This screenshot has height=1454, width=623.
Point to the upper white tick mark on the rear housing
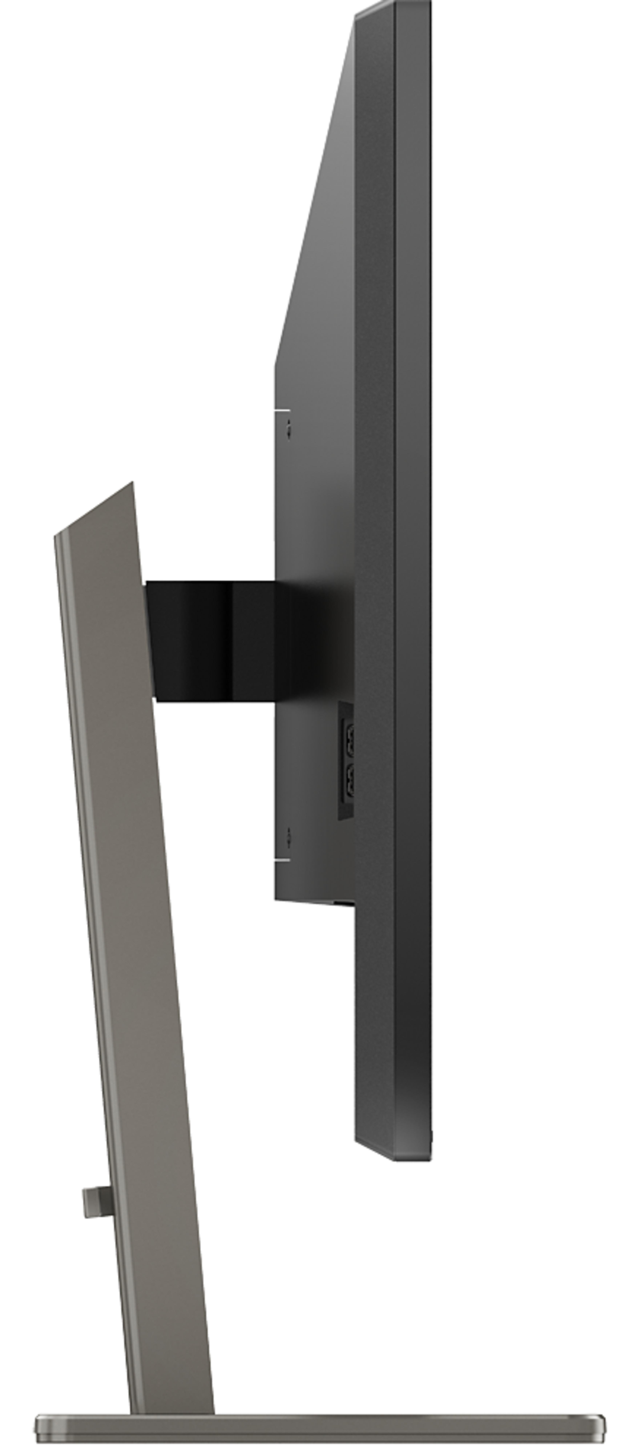[x=282, y=410]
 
